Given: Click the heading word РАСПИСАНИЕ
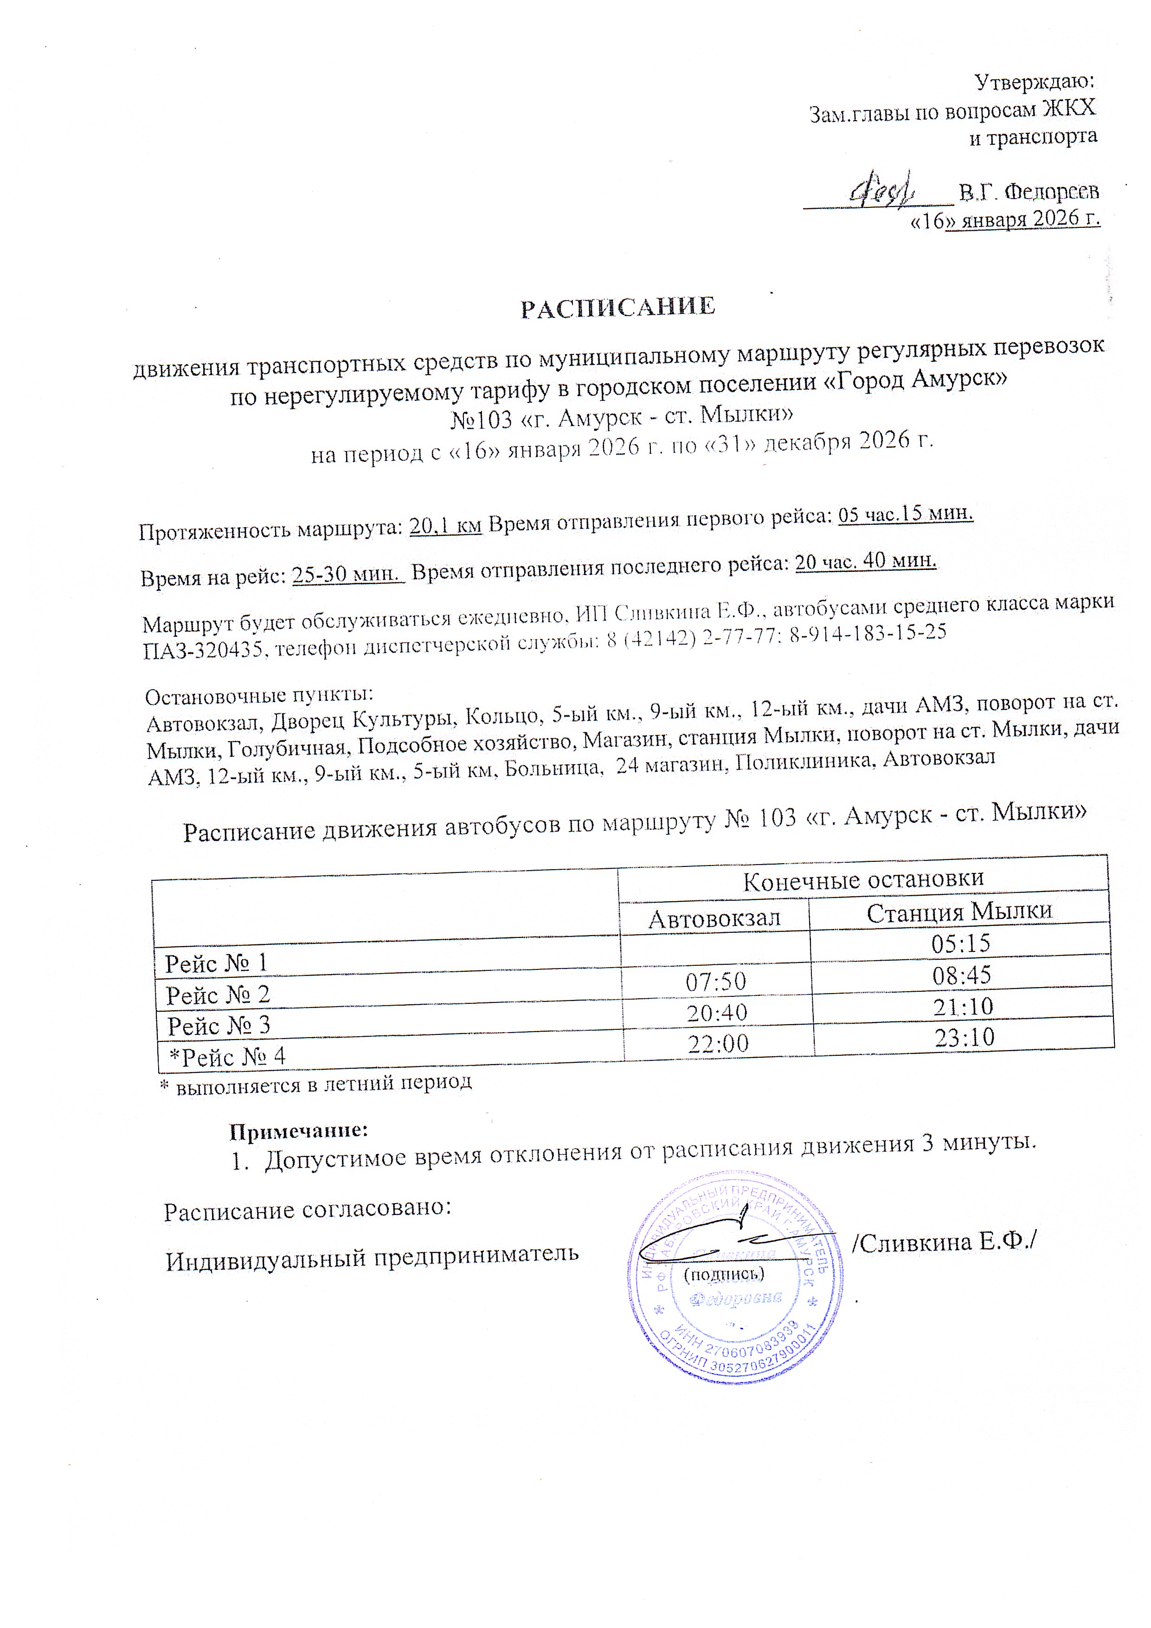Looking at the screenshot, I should (618, 308).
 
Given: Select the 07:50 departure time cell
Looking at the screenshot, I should (716, 982).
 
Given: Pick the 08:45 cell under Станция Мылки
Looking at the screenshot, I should (962, 975).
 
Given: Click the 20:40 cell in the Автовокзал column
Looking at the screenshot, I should (717, 1013).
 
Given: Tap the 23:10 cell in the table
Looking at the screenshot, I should (965, 1037).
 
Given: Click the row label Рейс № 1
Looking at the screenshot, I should (216, 963).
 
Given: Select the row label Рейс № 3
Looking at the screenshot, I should (219, 1025).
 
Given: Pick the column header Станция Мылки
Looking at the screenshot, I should (959, 911).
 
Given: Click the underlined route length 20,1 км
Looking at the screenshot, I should (445, 527).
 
